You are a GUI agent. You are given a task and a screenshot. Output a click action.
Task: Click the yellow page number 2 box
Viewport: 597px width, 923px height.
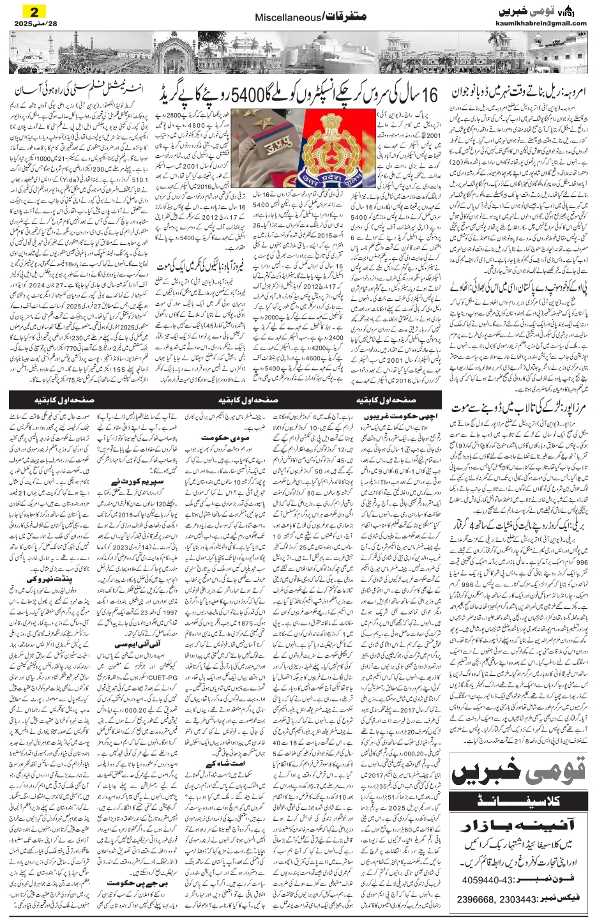point(31,11)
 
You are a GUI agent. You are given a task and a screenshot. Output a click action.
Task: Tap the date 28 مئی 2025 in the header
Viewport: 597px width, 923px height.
point(33,24)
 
